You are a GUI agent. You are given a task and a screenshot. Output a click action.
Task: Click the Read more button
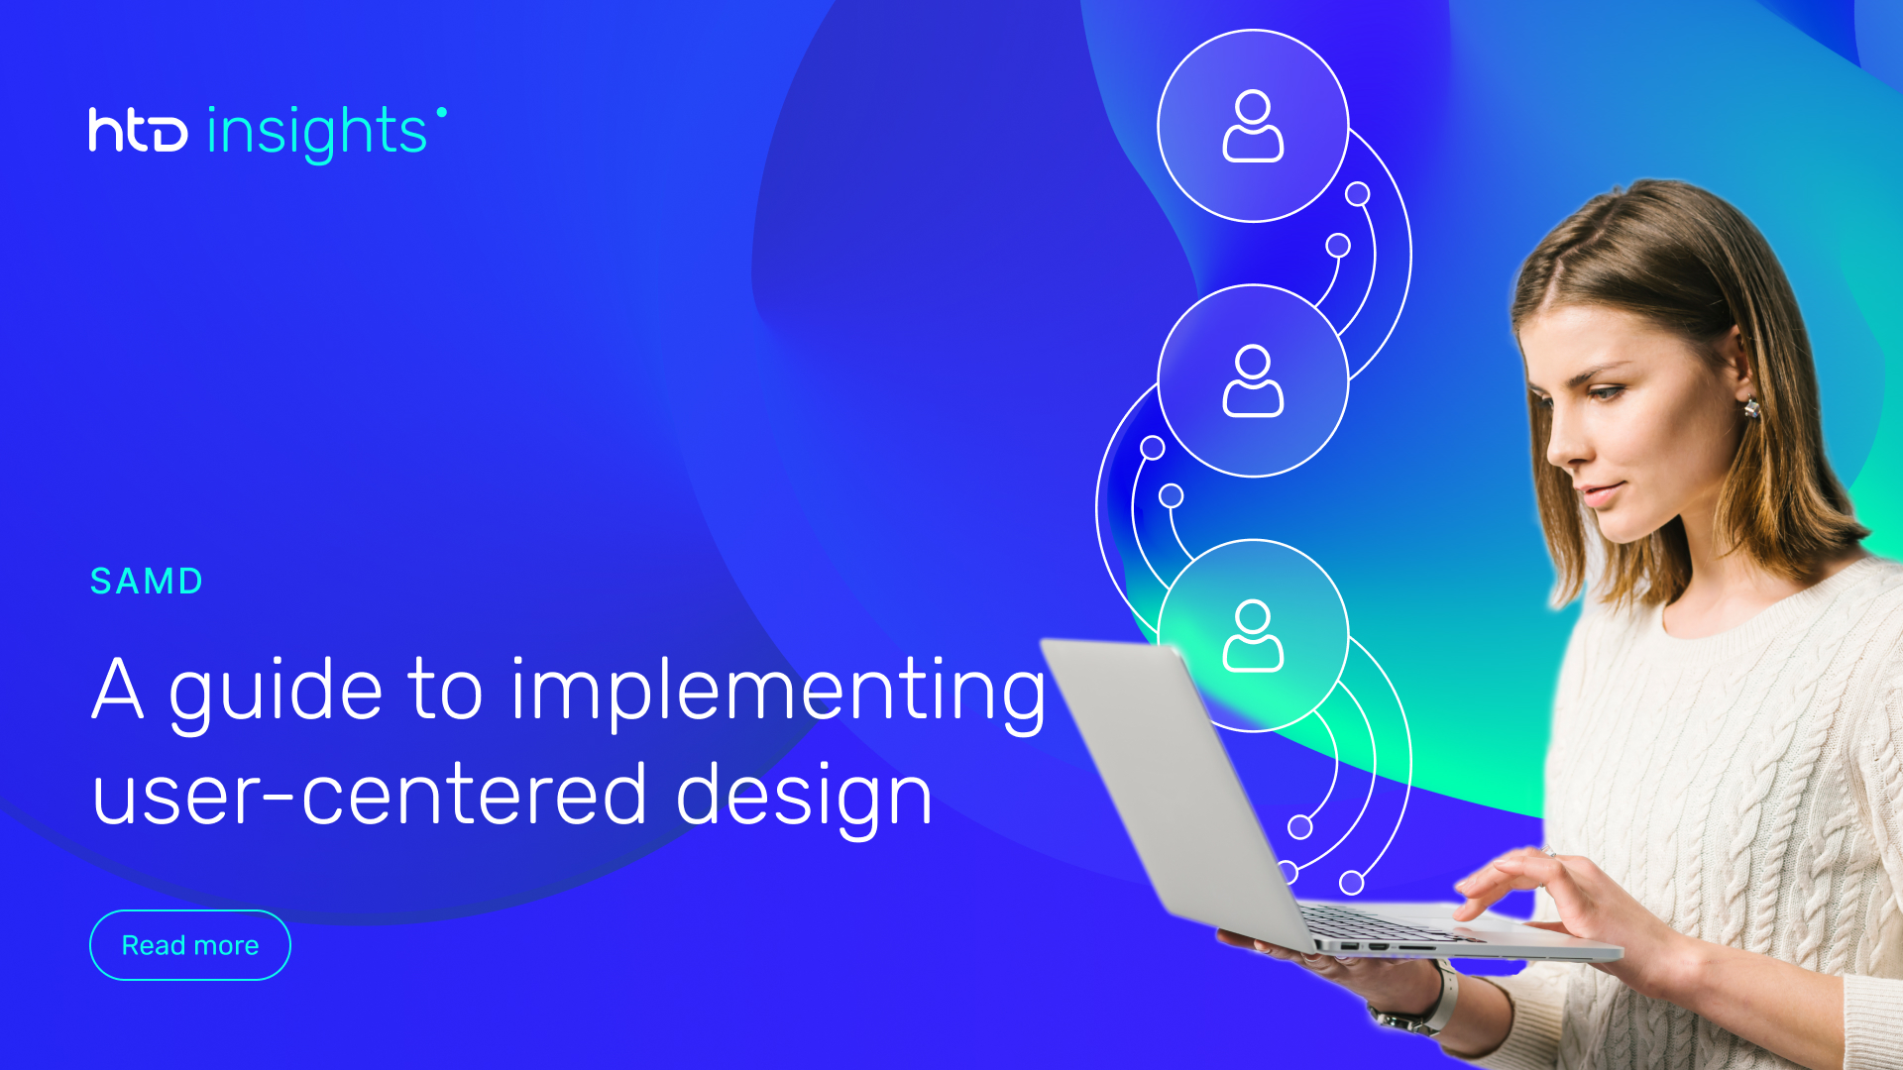coord(189,945)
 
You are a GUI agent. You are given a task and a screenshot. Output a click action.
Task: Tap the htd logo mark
coord(138,130)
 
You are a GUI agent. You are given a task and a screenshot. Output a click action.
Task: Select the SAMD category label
coord(147,582)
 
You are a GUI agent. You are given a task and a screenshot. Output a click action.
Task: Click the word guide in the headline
coord(276,692)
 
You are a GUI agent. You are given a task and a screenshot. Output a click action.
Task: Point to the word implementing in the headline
coord(778,692)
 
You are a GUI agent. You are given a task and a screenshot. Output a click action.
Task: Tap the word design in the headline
coord(804,796)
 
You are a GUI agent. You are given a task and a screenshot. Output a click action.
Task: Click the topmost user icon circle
coord(1253,126)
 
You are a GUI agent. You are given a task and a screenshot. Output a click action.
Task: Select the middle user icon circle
coord(1253,380)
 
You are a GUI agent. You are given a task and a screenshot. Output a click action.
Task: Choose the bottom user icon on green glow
coord(1253,635)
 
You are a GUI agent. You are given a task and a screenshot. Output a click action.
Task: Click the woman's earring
coord(1751,407)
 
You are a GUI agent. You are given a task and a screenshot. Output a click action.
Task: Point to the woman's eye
coord(1609,392)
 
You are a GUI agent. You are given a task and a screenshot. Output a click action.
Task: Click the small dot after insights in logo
coord(441,112)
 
